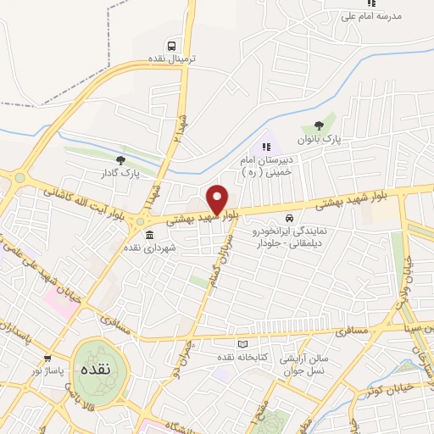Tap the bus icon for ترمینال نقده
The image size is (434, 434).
tap(173, 46)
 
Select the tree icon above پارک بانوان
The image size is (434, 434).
tap(319, 127)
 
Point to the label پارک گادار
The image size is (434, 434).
tap(118, 173)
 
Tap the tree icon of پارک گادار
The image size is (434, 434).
tap(121, 159)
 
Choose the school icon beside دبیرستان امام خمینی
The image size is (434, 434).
tap(267, 147)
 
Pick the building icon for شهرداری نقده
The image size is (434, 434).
tap(149, 235)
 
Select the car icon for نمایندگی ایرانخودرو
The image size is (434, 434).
tap(291, 217)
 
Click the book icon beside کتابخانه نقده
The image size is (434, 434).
tap(244, 344)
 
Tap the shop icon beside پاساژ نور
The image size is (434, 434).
tap(47, 359)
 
